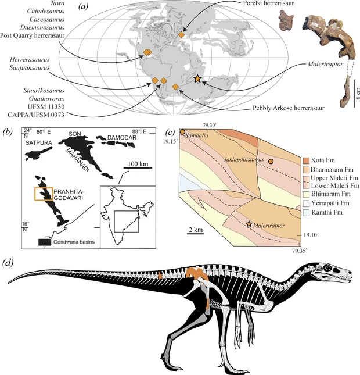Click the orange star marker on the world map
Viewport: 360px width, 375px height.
[197, 78]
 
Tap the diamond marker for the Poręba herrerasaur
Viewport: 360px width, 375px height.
[182, 35]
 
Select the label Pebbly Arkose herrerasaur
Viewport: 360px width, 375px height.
[289, 108]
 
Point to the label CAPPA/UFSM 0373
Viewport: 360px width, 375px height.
[36, 115]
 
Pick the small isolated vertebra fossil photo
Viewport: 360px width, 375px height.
[286, 20]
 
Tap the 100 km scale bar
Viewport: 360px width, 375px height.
[138, 168]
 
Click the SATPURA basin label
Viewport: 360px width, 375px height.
[39, 143]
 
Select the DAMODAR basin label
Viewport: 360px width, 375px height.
[122, 138]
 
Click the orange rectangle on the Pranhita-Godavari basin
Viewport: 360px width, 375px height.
[44, 194]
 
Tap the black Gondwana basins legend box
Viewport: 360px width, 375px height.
[45, 242]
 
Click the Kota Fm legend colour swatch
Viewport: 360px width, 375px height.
[306, 160]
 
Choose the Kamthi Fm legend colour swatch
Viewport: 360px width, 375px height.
[306, 213]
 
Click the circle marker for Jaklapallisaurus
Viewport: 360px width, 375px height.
[271, 162]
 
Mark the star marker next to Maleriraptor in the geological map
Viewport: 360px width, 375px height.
[249, 224]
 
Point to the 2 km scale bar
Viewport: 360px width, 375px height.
[195, 233]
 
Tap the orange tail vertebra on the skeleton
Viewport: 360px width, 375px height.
[160, 275]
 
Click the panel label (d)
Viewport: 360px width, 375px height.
[8, 263]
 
